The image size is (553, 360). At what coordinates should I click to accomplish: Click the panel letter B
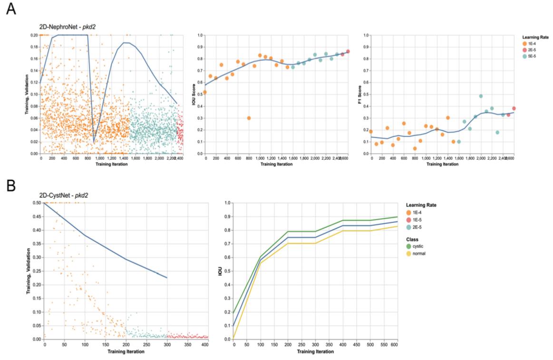coord(10,185)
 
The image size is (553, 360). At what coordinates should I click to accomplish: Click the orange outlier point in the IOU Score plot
coord(249,118)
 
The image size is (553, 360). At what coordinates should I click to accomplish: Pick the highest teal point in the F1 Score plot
coord(481,96)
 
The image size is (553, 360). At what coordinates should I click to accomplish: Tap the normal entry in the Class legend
coord(417,253)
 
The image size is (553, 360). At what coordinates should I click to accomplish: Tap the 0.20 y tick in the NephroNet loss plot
coord(34,35)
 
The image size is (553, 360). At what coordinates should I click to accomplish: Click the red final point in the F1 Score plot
coord(514,108)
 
